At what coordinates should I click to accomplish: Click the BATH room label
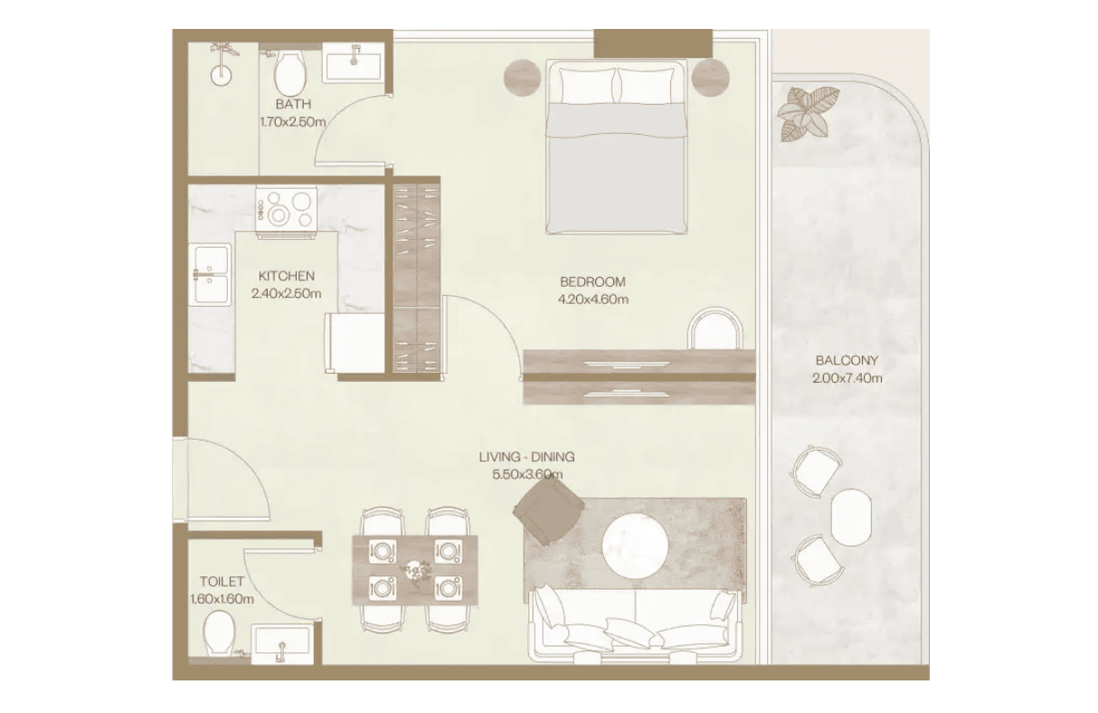click(293, 104)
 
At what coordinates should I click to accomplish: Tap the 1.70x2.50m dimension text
click(293, 121)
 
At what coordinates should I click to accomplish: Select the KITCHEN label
click(287, 276)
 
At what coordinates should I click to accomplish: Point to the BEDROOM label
click(592, 282)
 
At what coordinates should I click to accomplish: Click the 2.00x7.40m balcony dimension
click(847, 378)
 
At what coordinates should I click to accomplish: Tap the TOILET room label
click(222, 582)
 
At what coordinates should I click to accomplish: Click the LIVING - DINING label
click(527, 457)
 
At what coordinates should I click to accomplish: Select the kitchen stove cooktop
click(286, 212)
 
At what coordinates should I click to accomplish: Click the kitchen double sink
click(211, 275)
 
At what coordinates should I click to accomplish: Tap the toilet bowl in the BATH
click(289, 73)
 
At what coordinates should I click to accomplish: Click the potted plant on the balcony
click(807, 114)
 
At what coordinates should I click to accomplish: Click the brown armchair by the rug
click(548, 511)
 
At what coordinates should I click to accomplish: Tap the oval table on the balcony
click(851, 517)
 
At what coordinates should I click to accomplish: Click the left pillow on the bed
click(587, 86)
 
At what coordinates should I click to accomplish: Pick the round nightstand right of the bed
click(710, 78)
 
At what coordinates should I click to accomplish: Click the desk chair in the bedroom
click(715, 328)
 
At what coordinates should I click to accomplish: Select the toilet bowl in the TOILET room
click(219, 632)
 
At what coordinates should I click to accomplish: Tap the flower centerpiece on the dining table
click(416, 570)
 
